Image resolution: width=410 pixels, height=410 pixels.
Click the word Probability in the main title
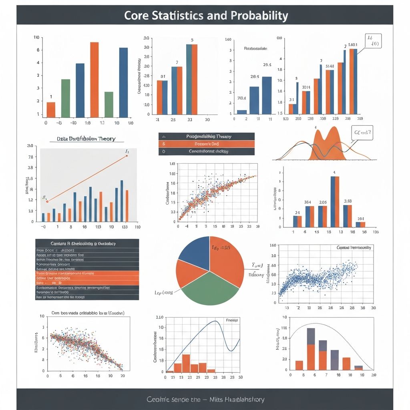click(259, 16)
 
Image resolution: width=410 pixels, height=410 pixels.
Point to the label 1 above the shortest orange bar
click(51, 96)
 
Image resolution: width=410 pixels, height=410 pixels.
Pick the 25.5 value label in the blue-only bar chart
click(267, 65)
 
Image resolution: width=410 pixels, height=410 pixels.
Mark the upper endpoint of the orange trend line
click(127, 155)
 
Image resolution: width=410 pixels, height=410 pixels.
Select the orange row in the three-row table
click(206, 144)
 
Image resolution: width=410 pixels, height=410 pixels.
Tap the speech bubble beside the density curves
click(362, 133)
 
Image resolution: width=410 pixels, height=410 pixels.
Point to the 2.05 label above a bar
click(323, 202)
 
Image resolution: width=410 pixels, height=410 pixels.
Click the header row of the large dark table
click(87, 243)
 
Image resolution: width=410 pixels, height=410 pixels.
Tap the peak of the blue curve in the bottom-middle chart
click(216, 321)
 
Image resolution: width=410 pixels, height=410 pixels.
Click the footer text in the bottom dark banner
click(205, 399)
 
